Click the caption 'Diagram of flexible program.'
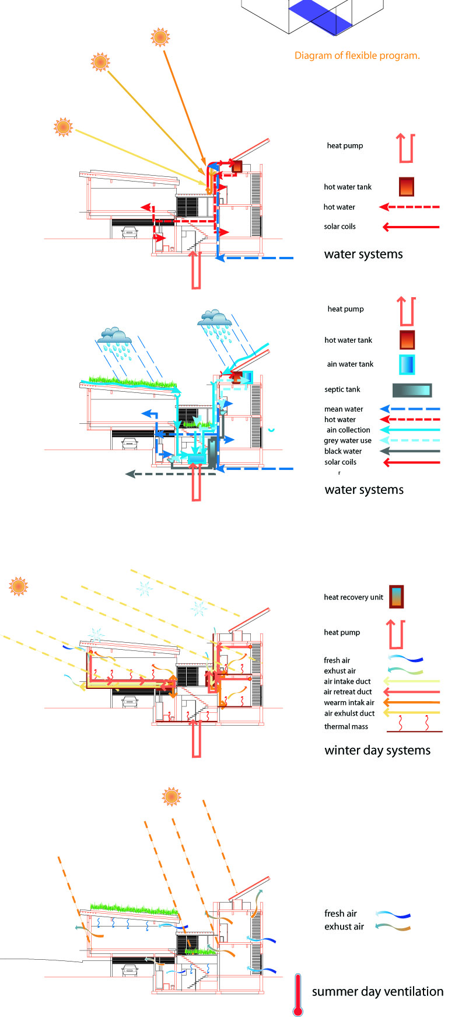357,56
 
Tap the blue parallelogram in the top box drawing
321,14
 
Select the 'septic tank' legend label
342,389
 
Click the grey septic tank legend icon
412,390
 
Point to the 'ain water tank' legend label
350,364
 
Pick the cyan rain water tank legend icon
407,364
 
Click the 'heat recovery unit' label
353,597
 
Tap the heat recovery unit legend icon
397,597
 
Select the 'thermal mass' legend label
346,727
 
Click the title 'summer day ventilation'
377,991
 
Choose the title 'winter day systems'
377,750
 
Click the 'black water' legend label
343,451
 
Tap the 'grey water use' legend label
348,441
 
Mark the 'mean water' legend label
344,409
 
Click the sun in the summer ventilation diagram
171,796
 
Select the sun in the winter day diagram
19,586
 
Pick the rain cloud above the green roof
114,337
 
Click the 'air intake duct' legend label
347,681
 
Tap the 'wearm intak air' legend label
349,703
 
